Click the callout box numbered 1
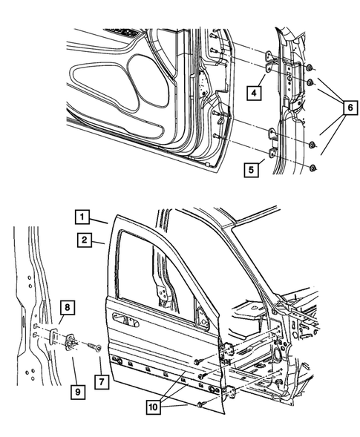[82, 217]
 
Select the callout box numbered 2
[82, 240]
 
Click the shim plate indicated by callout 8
[56, 335]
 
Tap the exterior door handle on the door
[126, 320]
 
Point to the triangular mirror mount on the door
[200, 315]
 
